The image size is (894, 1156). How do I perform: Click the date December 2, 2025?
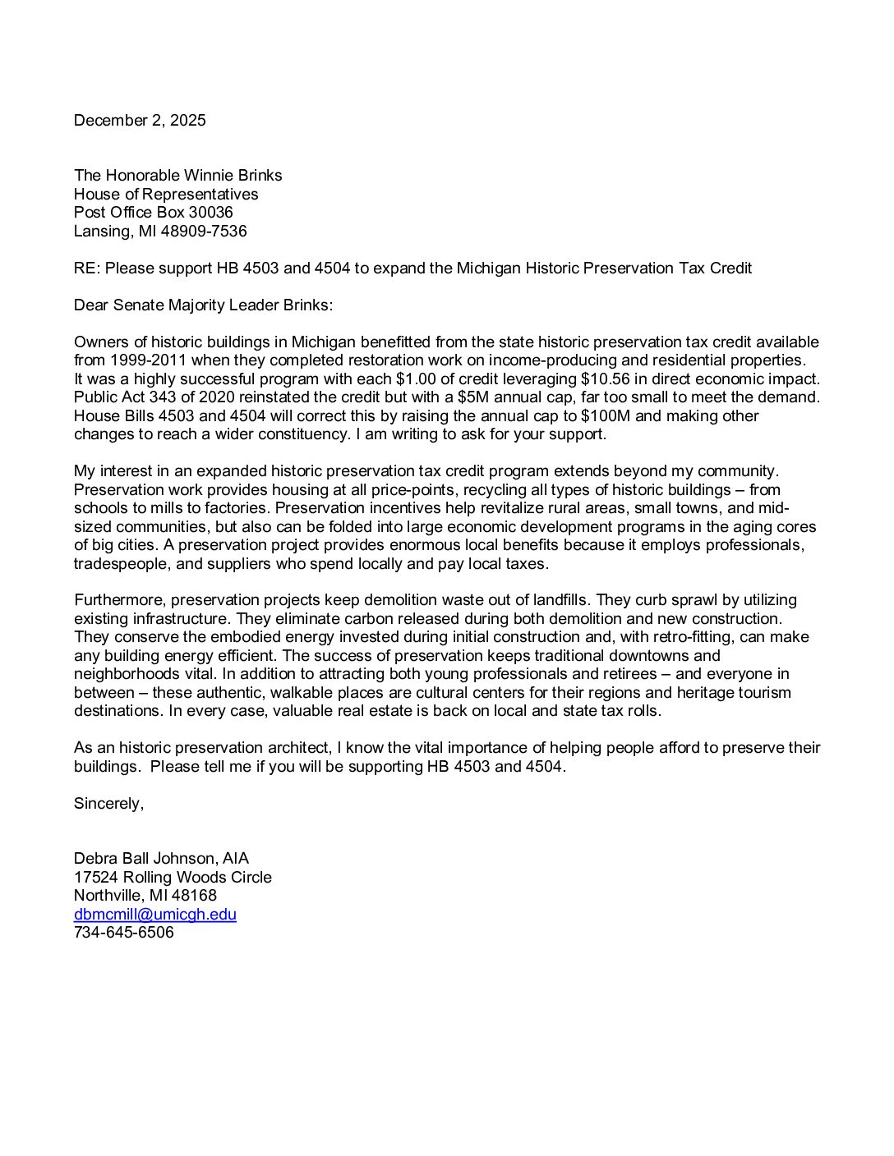(x=140, y=121)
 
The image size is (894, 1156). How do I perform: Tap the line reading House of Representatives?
(x=166, y=195)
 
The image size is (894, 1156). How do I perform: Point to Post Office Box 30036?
(x=154, y=213)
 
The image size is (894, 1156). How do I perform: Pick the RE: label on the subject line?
(x=87, y=268)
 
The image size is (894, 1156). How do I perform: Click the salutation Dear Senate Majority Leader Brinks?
(x=203, y=305)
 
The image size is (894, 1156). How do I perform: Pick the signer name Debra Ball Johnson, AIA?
(x=161, y=859)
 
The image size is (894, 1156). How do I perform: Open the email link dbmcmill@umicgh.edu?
(x=155, y=915)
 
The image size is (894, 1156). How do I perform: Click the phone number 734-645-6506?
(x=124, y=933)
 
